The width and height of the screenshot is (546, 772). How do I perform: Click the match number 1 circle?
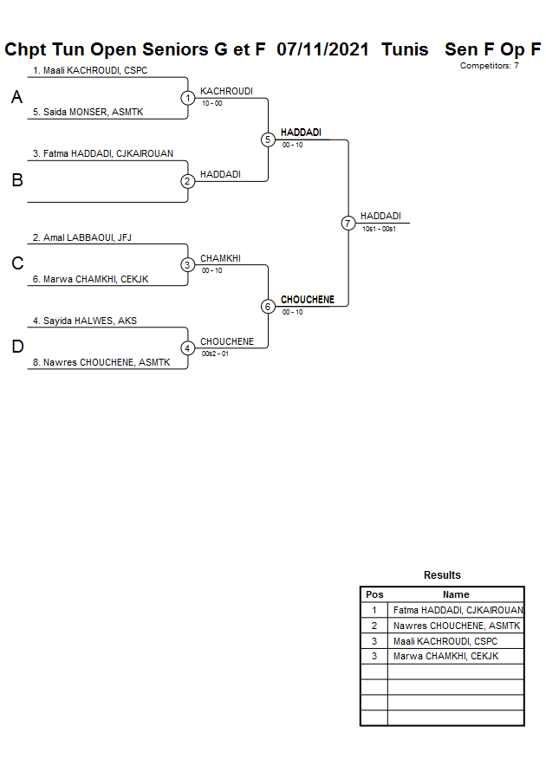click(x=188, y=98)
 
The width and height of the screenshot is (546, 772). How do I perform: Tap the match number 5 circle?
click(x=268, y=139)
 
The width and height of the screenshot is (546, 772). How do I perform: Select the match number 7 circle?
click(x=348, y=224)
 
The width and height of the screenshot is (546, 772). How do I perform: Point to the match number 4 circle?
click(x=188, y=348)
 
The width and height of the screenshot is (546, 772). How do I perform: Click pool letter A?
click(x=16, y=98)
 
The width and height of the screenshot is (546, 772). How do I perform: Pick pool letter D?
click(x=16, y=347)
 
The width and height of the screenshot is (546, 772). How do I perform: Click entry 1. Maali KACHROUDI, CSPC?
click(x=90, y=70)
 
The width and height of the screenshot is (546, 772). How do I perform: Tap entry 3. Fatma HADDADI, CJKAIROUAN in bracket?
click(x=103, y=153)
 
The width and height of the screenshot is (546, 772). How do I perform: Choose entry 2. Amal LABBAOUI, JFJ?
click(x=81, y=237)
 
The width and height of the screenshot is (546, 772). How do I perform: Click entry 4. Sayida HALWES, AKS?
click(x=85, y=321)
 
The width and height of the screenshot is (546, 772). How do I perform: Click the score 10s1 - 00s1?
click(x=379, y=229)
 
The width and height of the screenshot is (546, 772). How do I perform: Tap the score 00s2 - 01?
click(x=215, y=354)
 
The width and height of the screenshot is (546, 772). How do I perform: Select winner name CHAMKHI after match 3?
click(x=220, y=258)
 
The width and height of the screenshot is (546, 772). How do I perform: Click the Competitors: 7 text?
click(x=489, y=66)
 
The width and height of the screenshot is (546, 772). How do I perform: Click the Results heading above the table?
click(x=442, y=575)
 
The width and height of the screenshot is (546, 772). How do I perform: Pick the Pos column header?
click(x=374, y=594)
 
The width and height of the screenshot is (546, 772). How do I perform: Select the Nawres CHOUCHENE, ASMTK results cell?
click(x=456, y=626)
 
